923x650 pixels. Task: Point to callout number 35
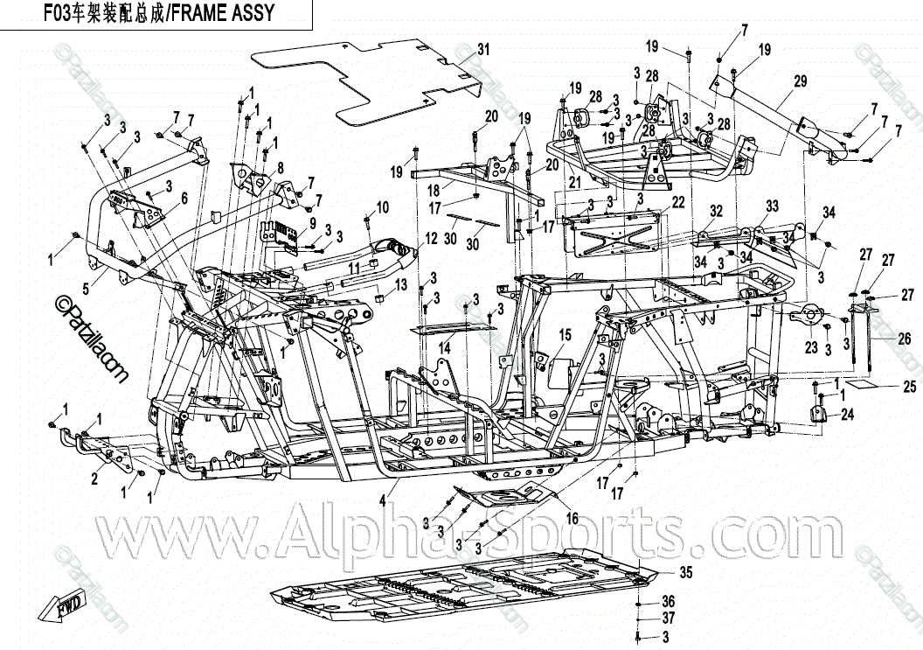click(x=686, y=573)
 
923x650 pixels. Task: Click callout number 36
click(x=669, y=602)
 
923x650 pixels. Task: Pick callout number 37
click(x=669, y=619)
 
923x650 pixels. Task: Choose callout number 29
click(x=799, y=82)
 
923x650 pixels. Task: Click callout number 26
click(x=903, y=339)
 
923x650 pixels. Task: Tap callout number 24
click(x=847, y=416)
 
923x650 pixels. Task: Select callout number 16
click(x=572, y=519)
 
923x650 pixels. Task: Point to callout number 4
click(x=382, y=501)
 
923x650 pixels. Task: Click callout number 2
click(x=94, y=479)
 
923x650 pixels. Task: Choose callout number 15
click(x=565, y=334)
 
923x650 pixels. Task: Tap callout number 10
click(x=382, y=207)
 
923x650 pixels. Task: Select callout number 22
click(x=677, y=202)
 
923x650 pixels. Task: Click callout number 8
click(x=280, y=166)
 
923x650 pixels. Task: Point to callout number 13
click(x=401, y=285)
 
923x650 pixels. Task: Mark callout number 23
click(x=811, y=347)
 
